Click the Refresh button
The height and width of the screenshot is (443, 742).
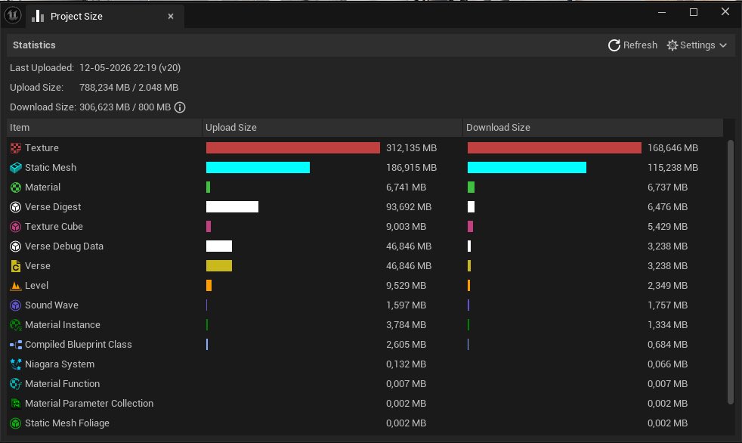click(632, 45)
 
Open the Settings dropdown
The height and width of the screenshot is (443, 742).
click(697, 45)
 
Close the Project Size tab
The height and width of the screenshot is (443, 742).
click(171, 17)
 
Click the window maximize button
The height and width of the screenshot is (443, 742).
click(693, 12)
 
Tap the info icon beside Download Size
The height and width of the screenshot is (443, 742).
click(180, 107)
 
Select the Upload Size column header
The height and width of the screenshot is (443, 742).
click(231, 127)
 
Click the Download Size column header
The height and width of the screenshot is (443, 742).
click(498, 127)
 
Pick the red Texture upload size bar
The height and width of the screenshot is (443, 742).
click(293, 147)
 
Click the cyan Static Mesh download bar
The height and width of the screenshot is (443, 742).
click(527, 168)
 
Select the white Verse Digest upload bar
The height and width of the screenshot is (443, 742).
click(233, 207)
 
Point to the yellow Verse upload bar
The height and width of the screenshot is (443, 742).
click(219, 266)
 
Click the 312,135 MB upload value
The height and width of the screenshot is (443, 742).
click(411, 148)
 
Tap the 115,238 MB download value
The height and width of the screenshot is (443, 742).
click(672, 168)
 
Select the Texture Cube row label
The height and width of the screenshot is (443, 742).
click(54, 227)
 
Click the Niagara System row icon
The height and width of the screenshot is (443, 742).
click(16, 364)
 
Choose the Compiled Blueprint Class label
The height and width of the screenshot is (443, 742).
click(78, 345)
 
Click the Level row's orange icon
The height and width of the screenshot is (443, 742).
click(16, 286)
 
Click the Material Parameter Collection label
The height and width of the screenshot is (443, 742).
click(89, 403)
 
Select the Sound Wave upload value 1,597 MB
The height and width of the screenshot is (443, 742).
click(406, 305)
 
